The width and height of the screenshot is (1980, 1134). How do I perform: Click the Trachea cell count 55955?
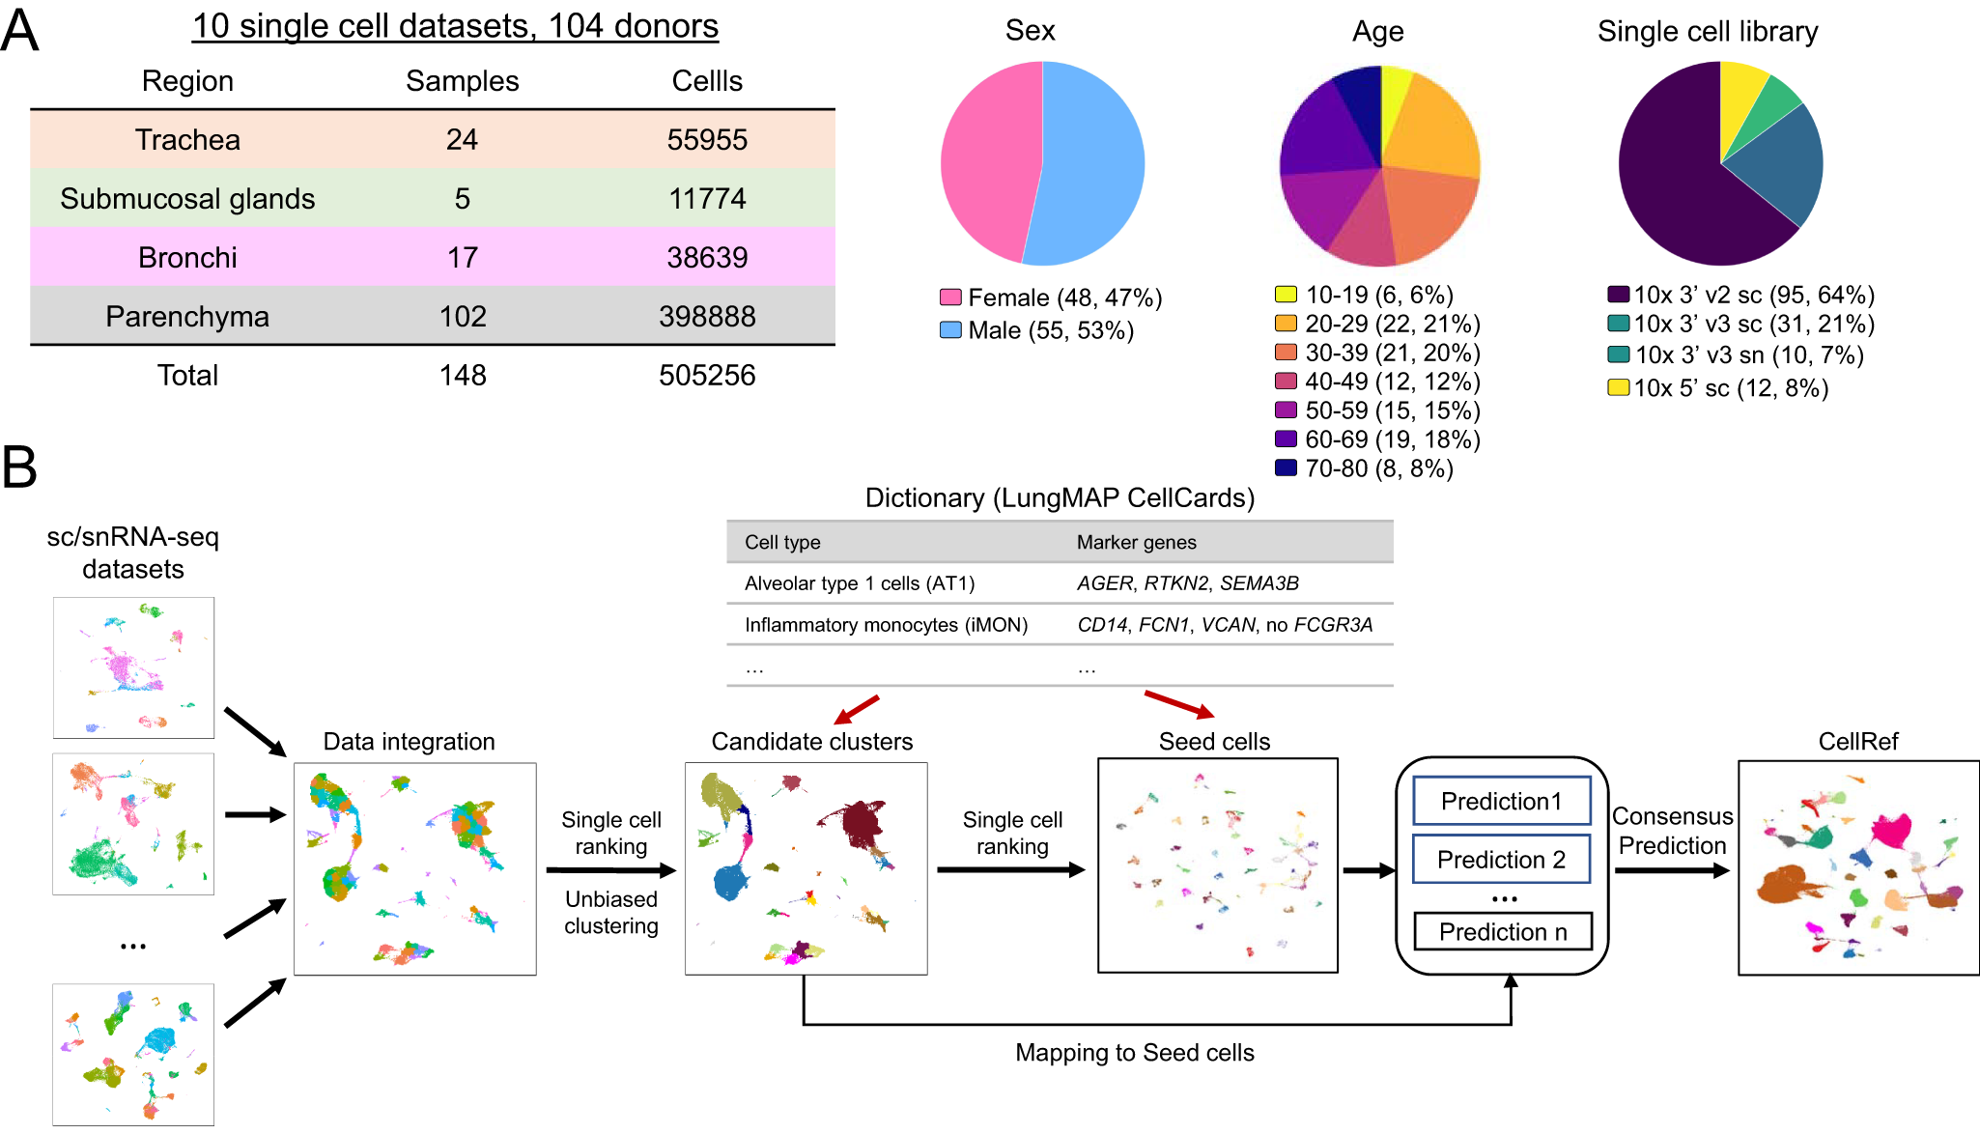(707, 140)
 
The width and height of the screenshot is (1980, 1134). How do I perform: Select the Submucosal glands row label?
(187, 199)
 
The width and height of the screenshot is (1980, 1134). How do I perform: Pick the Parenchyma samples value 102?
(463, 317)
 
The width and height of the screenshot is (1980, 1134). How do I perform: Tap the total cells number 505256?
(707, 376)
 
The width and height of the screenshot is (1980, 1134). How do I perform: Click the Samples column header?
(463, 81)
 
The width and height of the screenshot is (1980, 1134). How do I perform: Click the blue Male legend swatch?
(950, 330)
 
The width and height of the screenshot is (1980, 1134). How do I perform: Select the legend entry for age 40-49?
(1378, 382)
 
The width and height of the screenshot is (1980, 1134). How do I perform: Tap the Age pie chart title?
(1378, 32)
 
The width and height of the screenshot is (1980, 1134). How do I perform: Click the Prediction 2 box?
(1501, 860)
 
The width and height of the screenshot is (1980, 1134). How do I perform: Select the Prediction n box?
(1503, 932)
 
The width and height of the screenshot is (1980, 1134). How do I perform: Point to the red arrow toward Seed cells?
(1178, 705)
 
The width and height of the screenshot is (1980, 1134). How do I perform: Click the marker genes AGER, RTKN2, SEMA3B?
(1188, 583)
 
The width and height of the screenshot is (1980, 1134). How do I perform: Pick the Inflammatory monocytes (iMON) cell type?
(886, 625)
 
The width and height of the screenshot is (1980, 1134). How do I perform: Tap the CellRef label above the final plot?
(1858, 742)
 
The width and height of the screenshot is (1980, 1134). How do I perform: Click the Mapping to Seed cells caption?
(1135, 1053)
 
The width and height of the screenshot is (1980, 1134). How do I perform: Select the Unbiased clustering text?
(611, 913)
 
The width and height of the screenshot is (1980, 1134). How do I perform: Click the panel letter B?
(19, 468)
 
